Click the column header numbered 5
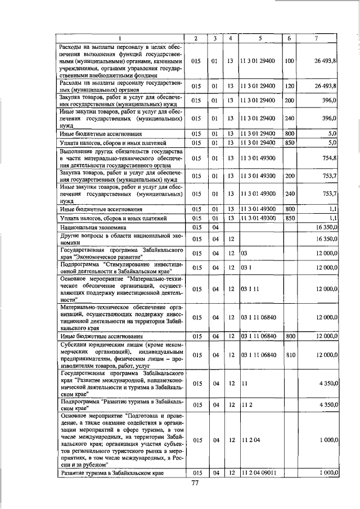260,37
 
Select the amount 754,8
327,159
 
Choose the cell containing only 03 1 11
249,289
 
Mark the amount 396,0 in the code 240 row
328,119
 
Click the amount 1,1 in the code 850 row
332,218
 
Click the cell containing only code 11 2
246,404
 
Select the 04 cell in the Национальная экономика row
214,227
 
